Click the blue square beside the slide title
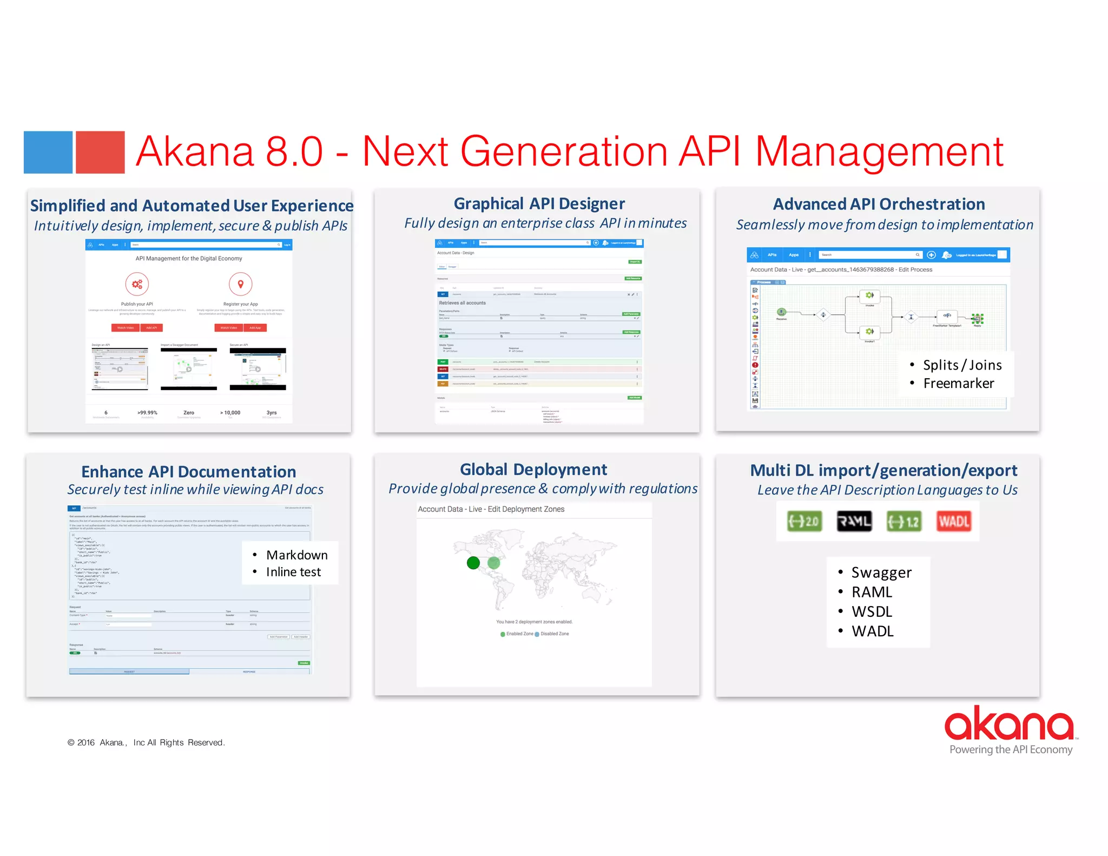tap(48, 152)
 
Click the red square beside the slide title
tap(100, 152)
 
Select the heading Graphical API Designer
tap(539, 203)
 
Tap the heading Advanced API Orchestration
tap(879, 204)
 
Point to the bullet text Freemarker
tap(958, 384)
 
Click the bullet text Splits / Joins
tap(962, 365)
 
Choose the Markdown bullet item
tap(296, 555)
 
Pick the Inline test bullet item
tap(293, 572)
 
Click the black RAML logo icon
tap(854, 521)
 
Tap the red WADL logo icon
tap(953, 521)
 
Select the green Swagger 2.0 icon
tap(804, 521)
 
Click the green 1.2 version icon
tap(904, 521)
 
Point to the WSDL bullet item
tap(872, 612)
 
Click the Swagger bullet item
tap(881, 572)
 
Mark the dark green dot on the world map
tap(473, 563)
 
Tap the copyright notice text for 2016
tap(146, 742)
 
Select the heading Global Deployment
tap(533, 469)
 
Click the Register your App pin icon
tap(241, 284)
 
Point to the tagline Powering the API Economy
tap(1011, 749)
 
